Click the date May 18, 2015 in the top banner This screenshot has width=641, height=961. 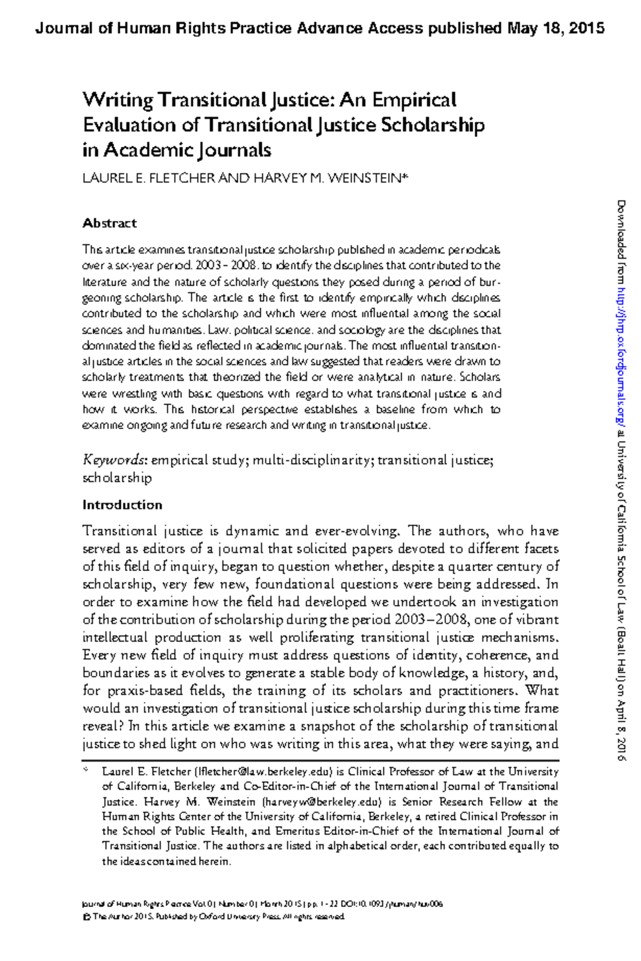pyautogui.click(x=556, y=28)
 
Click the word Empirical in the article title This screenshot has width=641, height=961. pyautogui.click(x=414, y=100)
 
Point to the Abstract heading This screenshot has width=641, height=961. pyautogui.click(x=110, y=223)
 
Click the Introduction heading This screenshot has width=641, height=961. pyautogui.click(x=122, y=505)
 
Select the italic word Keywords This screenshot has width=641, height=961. pyautogui.click(x=114, y=460)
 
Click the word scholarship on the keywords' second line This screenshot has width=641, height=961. pyautogui.click(x=117, y=478)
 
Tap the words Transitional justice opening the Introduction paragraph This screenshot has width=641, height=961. pyautogui.click(x=142, y=531)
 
